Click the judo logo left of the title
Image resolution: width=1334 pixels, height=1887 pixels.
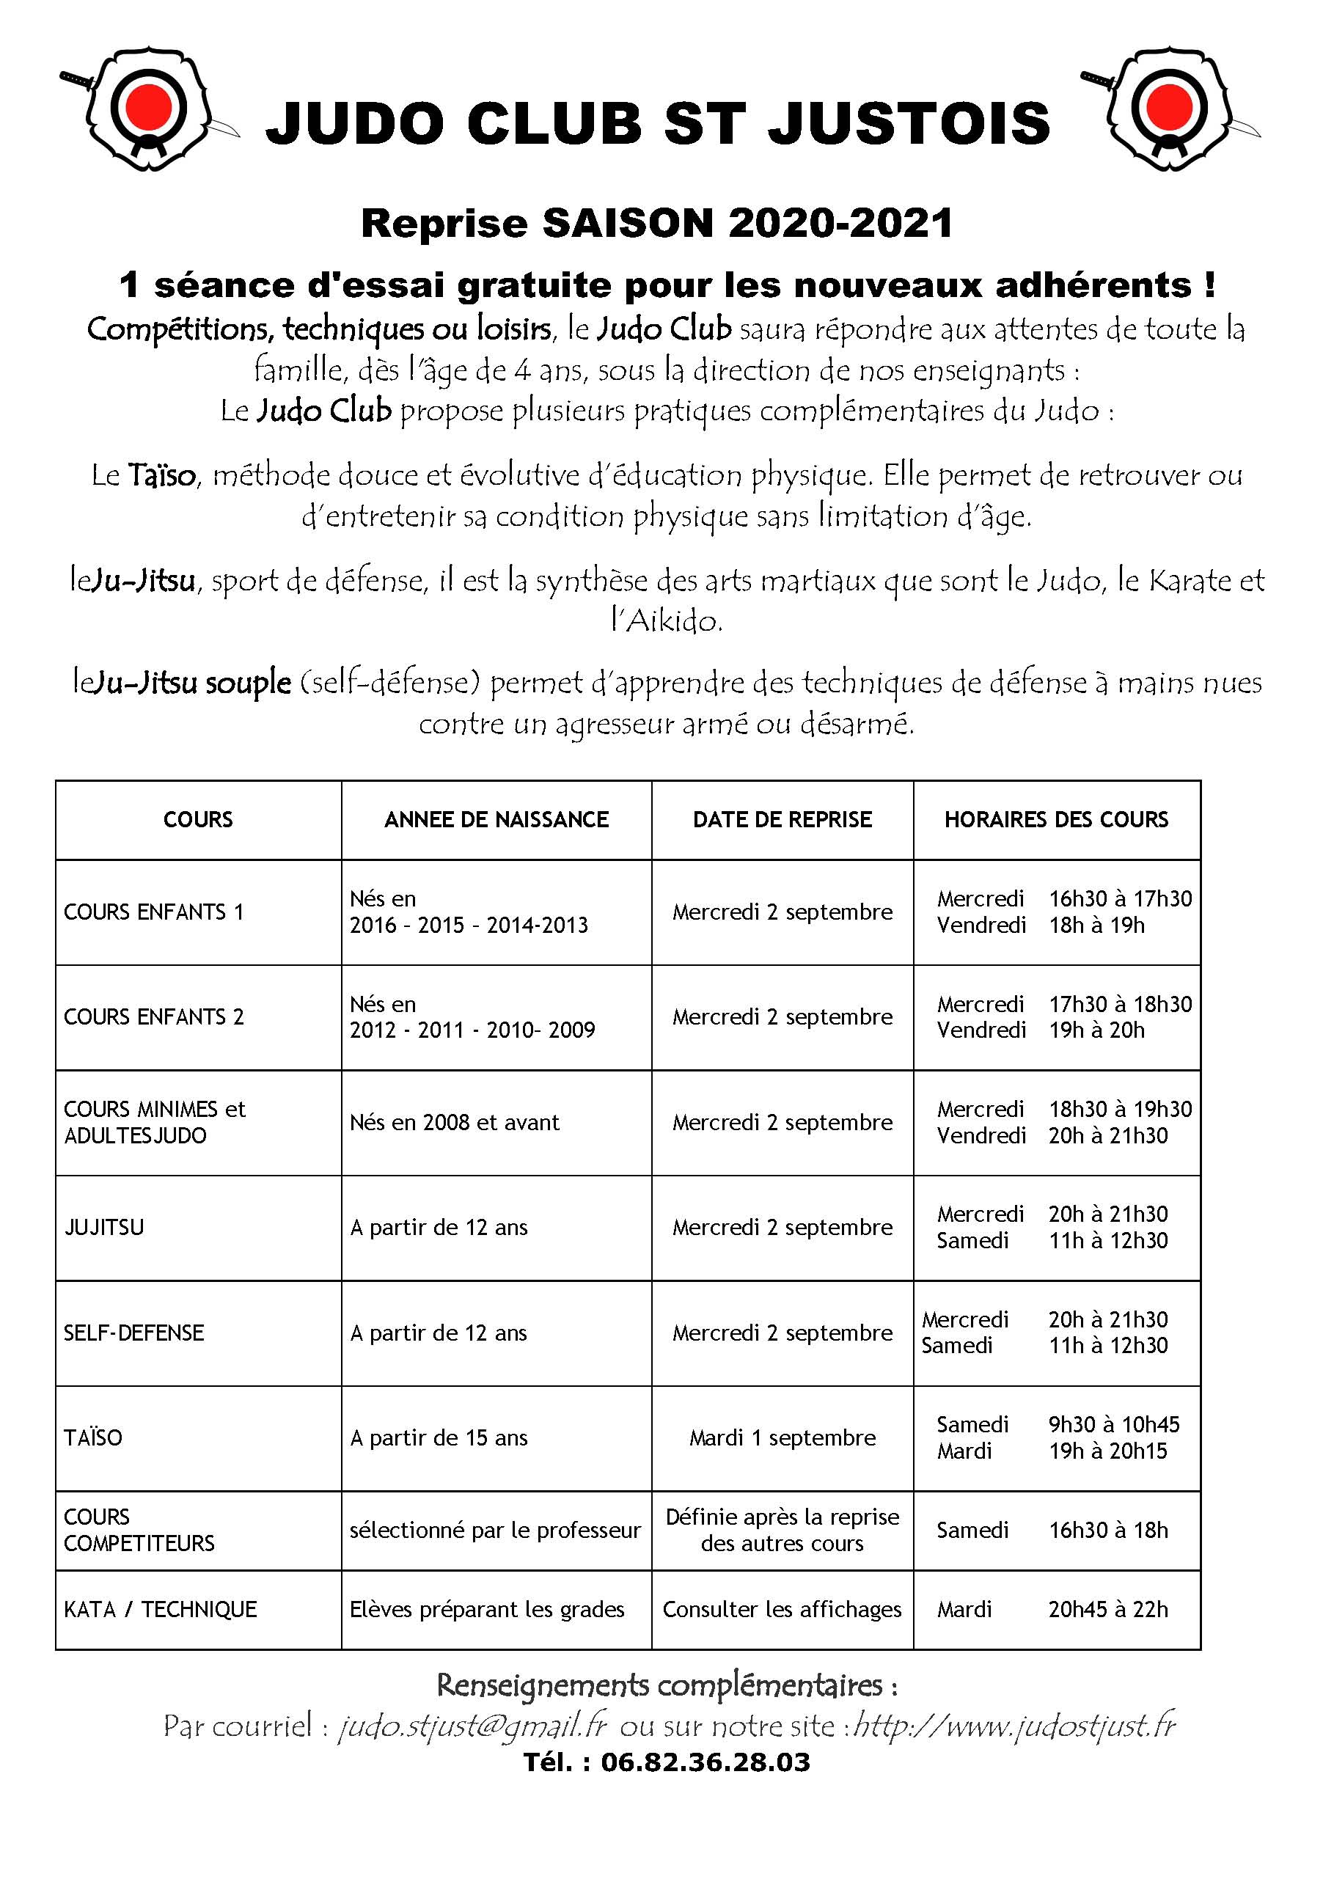pyautogui.click(x=148, y=109)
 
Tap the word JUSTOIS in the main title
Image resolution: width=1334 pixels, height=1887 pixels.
pyautogui.click(x=909, y=124)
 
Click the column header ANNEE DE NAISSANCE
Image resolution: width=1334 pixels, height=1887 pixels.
pyautogui.click(x=496, y=819)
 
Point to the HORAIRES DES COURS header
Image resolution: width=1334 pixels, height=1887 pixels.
pyautogui.click(x=1056, y=819)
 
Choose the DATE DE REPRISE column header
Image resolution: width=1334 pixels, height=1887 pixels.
pyautogui.click(x=783, y=819)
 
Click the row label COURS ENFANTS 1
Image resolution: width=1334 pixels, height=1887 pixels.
pyautogui.click(x=154, y=912)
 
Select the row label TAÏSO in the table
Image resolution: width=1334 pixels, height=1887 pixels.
pyautogui.click(x=93, y=1437)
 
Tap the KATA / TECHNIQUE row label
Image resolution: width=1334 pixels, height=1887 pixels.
pyautogui.click(x=161, y=1609)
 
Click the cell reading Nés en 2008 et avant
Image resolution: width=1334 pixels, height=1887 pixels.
pyautogui.click(x=455, y=1123)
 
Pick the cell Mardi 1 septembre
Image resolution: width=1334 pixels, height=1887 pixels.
pyautogui.click(x=783, y=1437)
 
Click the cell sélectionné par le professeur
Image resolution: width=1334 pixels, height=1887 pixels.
pyautogui.click(x=495, y=1531)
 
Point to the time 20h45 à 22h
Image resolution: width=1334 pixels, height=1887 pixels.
pyautogui.click(x=1108, y=1609)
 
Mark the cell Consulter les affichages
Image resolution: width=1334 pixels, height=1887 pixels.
pyautogui.click(x=783, y=1609)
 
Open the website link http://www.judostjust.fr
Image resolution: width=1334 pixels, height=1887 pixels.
pyautogui.click(x=1015, y=1725)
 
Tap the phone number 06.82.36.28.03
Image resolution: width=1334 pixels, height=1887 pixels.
pyautogui.click(x=706, y=1762)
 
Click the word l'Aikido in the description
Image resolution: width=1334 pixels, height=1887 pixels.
pyautogui.click(x=667, y=621)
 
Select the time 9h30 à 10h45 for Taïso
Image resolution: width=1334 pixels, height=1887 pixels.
pyautogui.click(x=1114, y=1424)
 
